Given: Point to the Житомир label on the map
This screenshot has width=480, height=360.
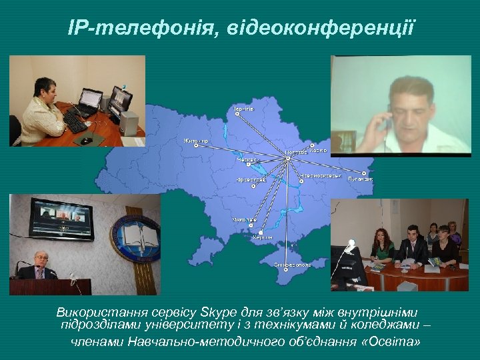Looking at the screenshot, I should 196,141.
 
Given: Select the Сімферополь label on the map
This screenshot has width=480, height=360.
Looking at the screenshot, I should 293,265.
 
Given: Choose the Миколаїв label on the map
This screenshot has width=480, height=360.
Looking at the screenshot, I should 244,219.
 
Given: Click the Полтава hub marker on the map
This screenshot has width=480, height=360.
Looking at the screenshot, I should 287,159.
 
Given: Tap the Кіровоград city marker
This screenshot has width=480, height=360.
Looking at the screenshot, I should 253,186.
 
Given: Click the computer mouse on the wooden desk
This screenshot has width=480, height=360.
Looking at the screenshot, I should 85,140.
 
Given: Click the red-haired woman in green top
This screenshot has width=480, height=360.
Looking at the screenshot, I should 383,247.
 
